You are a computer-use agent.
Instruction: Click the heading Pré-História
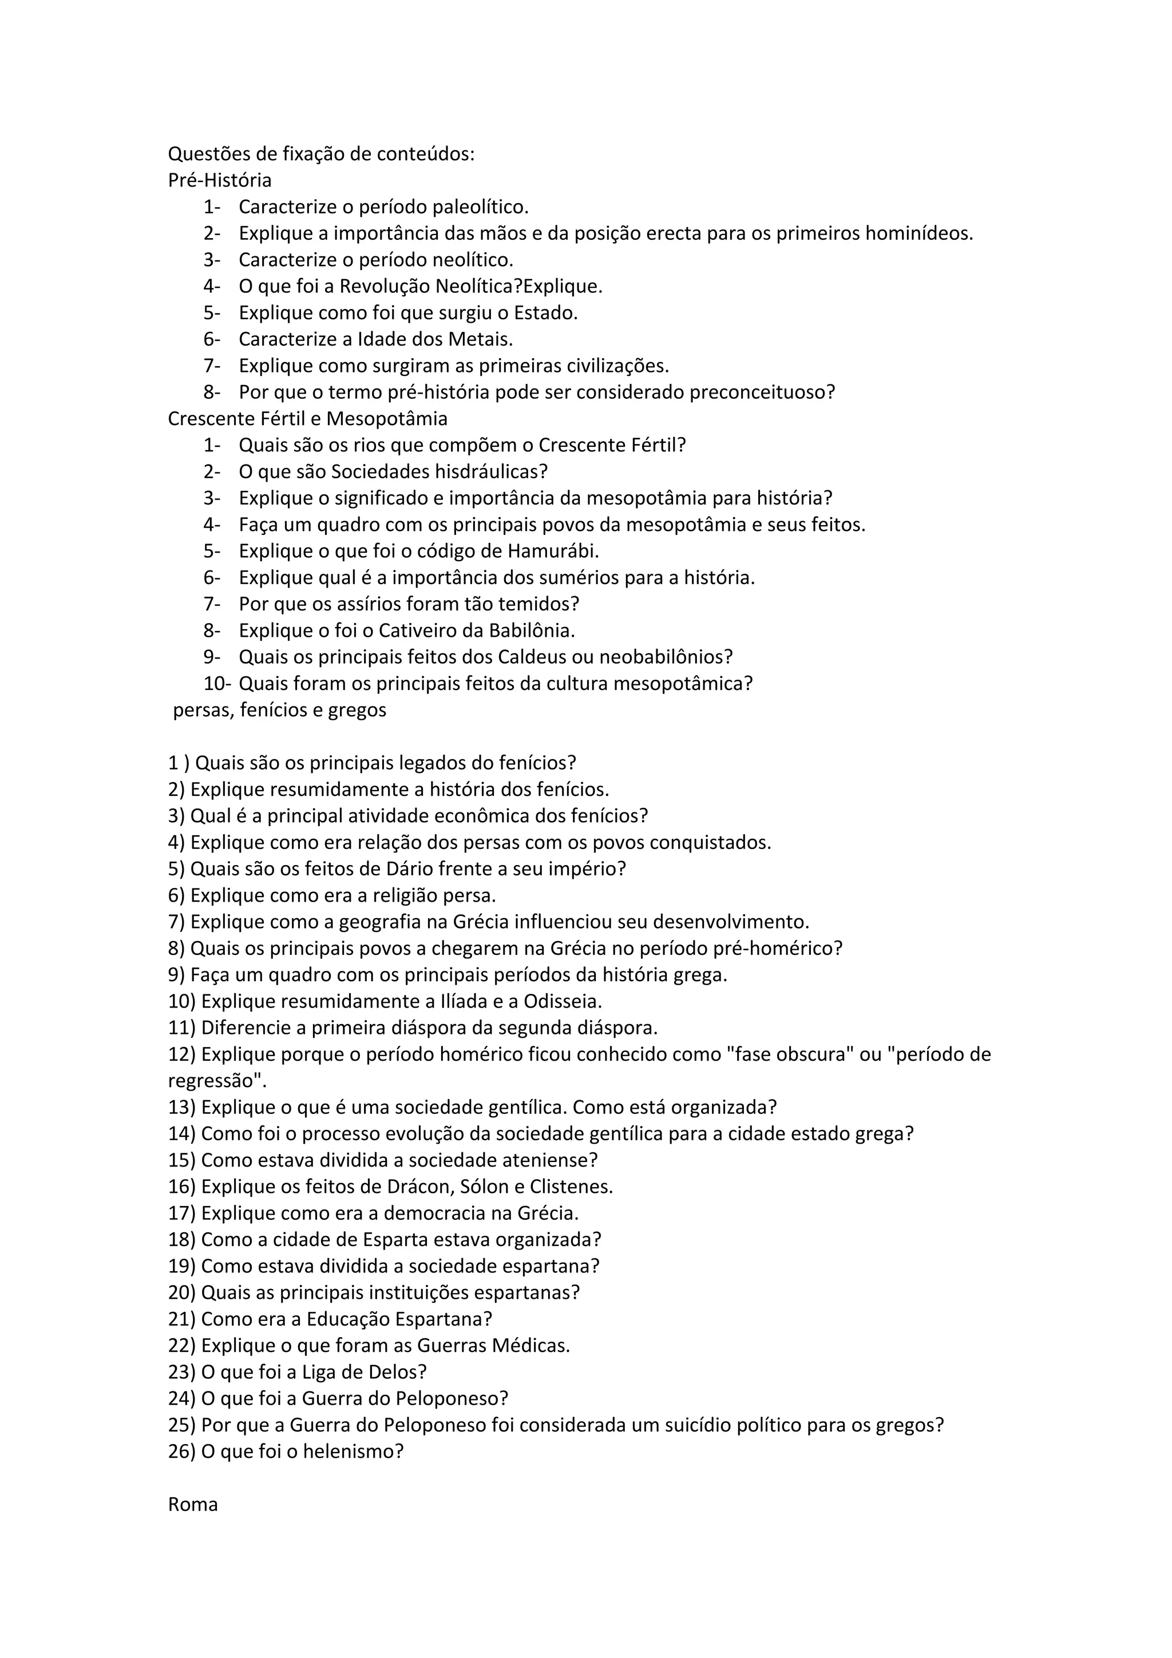click(x=220, y=180)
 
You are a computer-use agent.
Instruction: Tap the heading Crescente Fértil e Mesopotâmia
click(x=308, y=418)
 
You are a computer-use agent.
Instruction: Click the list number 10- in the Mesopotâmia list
click(x=217, y=683)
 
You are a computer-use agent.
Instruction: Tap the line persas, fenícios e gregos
click(x=279, y=710)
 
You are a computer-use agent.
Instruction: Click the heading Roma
click(x=193, y=1504)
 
